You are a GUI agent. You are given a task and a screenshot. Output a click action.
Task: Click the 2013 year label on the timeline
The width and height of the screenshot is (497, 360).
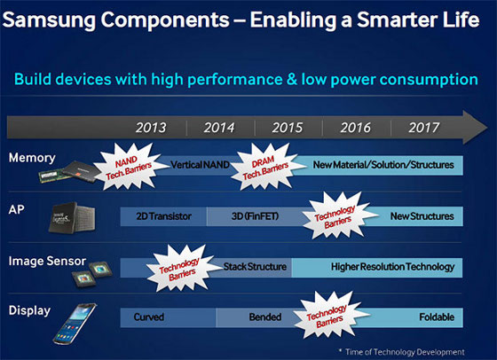click(x=153, y=127)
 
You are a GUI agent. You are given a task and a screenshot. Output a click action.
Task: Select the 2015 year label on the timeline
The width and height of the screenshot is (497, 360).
click(x=288, y=127)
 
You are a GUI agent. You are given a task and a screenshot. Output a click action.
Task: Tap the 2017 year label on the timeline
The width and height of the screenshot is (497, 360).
click(x=424, y=127)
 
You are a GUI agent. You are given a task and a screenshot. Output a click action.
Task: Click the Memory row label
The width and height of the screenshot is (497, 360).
click(x=32, y=158)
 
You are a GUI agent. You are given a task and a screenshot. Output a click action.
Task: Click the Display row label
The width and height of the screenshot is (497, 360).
click(x=31, y=310)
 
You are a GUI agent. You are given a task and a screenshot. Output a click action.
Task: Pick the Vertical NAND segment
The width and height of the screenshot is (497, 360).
click(x=206, y=165)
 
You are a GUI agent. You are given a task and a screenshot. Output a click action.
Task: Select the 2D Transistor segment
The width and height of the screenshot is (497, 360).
click(x=163, y=215)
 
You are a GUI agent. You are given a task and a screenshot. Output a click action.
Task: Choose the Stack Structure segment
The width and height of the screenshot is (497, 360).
click(x=254, y=266)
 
